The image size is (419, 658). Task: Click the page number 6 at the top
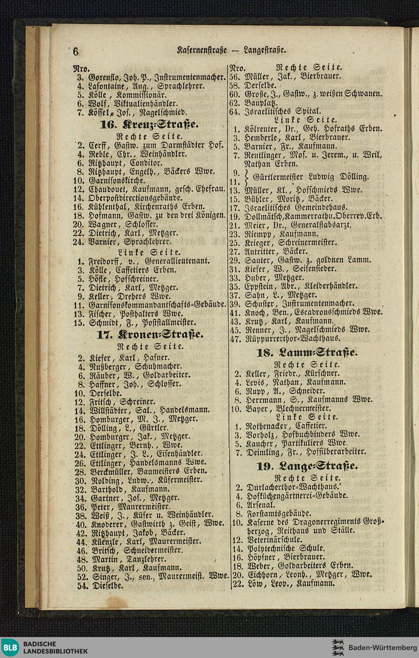click(x=75, y=51)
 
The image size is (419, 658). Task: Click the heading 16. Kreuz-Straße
click(x=150, y=125)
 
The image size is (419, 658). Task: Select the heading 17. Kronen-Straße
click(x=150, y=335)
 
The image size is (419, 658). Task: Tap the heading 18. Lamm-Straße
click(x=307, y=352)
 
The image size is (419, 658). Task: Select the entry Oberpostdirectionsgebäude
click(x=136, y=198)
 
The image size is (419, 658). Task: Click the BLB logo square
click(x=10, y=647)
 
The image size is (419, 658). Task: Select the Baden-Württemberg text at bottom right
click(x=380, y=647)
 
